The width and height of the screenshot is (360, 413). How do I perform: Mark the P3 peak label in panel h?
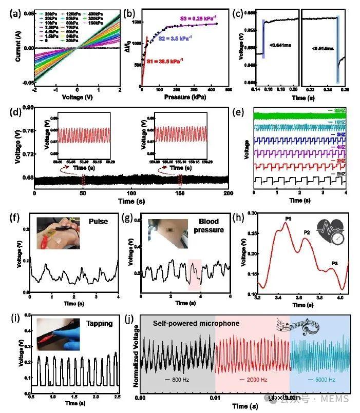click(334, 263)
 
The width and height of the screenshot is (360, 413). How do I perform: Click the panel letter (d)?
click(14, 110)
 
